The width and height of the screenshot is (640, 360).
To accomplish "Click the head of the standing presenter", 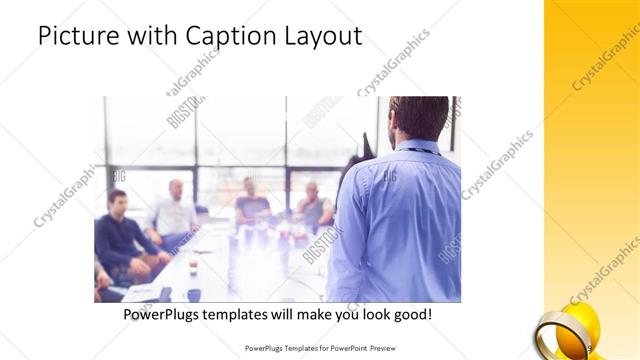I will pyautogui.click(x=418, y=117).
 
